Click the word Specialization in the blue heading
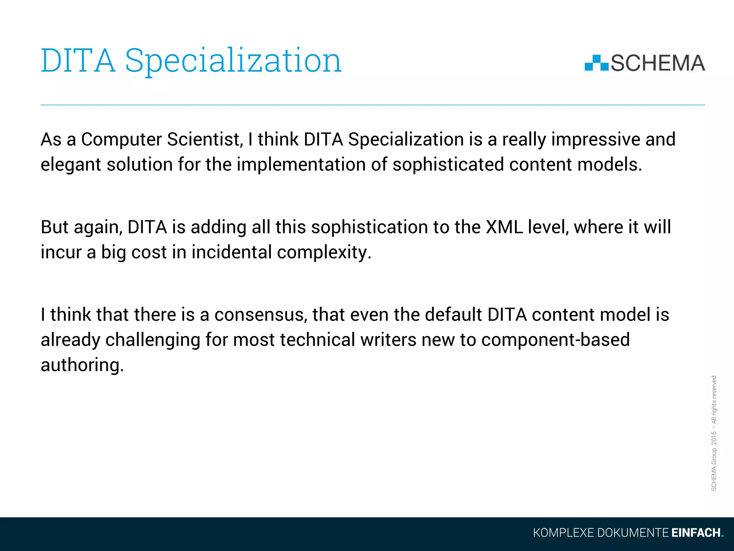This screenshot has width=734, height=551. (x=233, y=61)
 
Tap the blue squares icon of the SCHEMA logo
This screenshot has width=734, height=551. (x=596, y=63)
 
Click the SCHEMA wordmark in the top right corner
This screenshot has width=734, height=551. (x=658, y=63)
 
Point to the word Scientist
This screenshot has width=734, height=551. (x=205, y=140)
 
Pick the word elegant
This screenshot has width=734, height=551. (x=71, y=165)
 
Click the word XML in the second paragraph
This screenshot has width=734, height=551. (x=504, y=227)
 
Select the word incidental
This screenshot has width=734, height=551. (x=232, y=252)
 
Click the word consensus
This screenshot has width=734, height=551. (x=261, y=315)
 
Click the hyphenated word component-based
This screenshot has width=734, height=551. (x=555, y=340)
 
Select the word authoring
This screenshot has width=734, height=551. (x=82, y=365)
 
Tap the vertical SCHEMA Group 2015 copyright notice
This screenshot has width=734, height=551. (x=714, y=433)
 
